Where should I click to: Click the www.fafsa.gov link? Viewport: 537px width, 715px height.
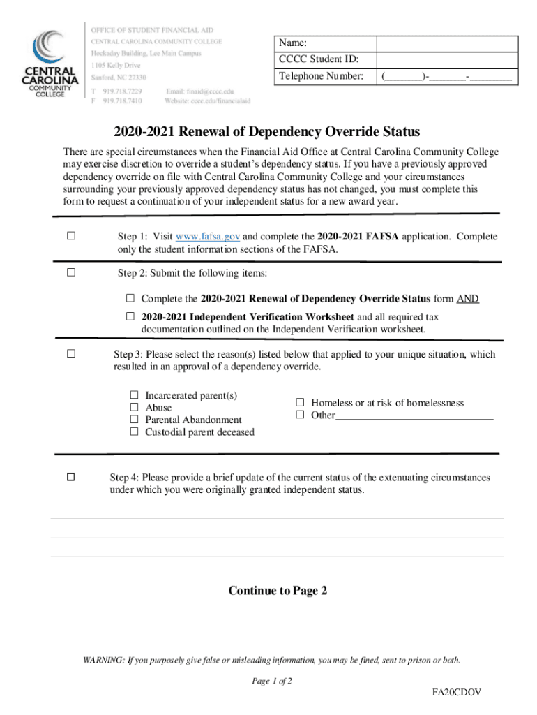209,237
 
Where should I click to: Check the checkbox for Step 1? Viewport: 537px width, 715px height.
70,236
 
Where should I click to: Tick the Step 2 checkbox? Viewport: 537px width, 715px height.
70,272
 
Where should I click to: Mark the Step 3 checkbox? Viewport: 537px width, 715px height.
70,354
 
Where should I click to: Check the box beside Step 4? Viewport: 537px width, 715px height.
70,478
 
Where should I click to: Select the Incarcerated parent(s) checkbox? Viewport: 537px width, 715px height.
135,395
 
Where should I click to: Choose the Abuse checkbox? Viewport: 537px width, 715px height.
135,407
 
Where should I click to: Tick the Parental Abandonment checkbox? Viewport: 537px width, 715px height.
135,420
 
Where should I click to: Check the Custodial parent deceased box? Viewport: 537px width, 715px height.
135,432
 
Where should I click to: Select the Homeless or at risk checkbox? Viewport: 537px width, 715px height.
301,403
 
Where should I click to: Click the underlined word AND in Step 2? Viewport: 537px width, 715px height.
467,299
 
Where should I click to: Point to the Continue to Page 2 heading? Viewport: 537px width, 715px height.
278,591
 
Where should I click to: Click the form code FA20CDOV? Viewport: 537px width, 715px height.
456,692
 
